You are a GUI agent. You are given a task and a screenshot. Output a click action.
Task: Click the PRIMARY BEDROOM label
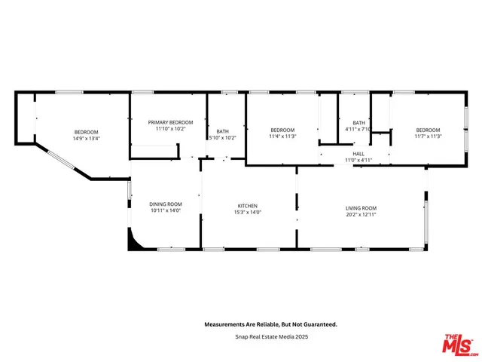(x=170, y=122)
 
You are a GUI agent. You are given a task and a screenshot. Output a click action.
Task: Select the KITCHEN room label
(x=248, y=206)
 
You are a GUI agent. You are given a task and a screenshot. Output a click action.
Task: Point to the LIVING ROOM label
(x=361, y=208)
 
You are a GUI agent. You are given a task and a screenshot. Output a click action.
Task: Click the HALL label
(x=358, y=153)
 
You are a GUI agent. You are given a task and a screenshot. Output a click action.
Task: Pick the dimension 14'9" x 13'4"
(x=87, y=138)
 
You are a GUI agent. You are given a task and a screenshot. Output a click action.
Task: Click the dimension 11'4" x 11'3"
(x=282, y=137)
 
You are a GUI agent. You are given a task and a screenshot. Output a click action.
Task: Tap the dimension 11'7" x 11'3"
(x=428, y=137)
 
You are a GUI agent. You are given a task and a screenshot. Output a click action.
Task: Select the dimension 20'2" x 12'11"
(x=361, y=216)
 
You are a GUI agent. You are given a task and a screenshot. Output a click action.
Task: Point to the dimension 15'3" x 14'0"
(x=248, y=213)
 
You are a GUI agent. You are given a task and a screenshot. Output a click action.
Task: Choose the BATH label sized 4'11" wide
(x=358, y=123)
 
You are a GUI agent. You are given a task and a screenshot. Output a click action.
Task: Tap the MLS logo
(x=458, y=344)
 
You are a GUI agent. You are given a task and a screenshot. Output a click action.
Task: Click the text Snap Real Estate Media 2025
(x=271, y=336)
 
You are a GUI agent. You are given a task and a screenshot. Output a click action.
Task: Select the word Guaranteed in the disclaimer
(x=317, y=324)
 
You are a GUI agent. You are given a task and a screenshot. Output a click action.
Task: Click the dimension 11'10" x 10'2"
(x=170, y=129)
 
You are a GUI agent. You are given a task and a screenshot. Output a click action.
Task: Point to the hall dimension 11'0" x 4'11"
(x=358, y=160)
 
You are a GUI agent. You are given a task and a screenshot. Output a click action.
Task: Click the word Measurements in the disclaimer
(x=225, y=324)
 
